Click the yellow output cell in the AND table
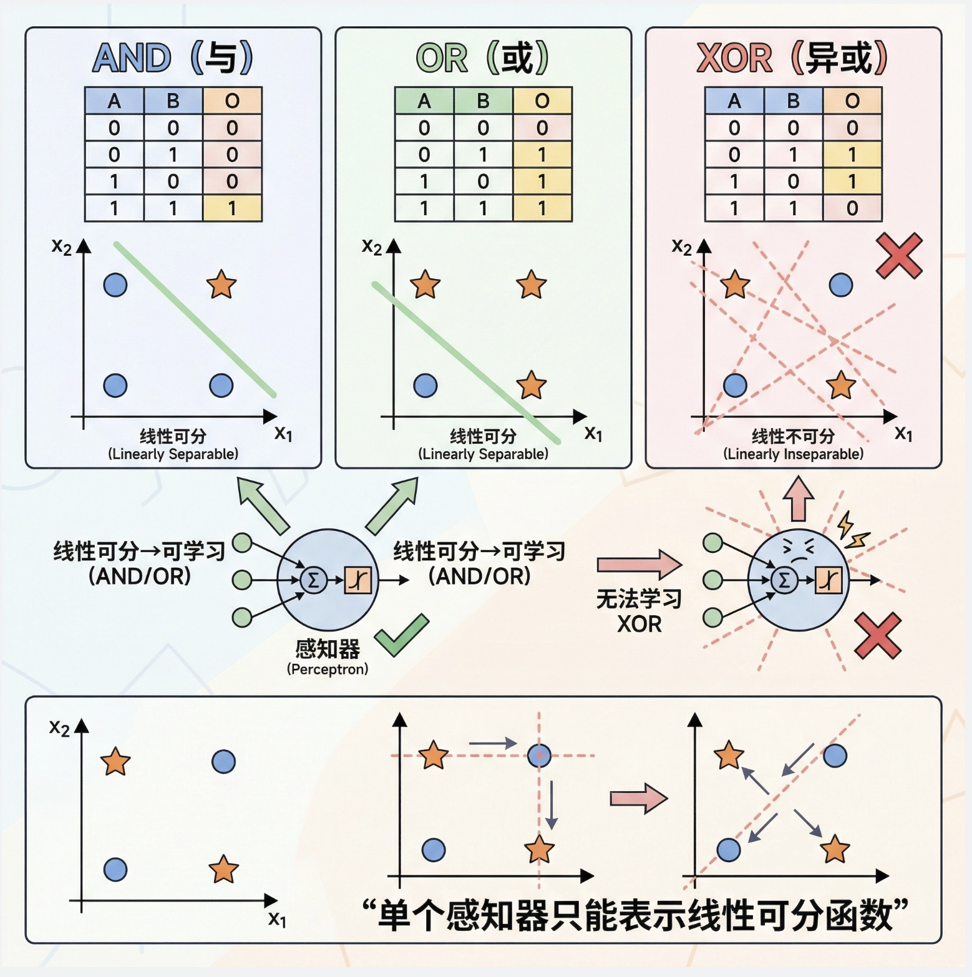tap(232, 208)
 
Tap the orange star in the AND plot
tap(221, 284)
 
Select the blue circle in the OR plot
tap(425, 386)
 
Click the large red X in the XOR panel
tap(899, 256)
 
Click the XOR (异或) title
tap(792, 58)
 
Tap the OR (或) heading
tap(482, 58)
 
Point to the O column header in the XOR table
tap(852, 100)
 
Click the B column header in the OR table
tap(483, 100)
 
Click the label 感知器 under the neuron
tap(328, 649)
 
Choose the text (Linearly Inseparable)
tap(793, 454)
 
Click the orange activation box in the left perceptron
tap(358, 580)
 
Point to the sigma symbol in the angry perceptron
tap(784, 580)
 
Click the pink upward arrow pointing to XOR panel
tap(798, 499)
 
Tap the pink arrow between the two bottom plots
tap(638, 798)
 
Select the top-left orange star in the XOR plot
tap(735, 285)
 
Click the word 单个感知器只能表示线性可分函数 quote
tap(635, 915)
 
